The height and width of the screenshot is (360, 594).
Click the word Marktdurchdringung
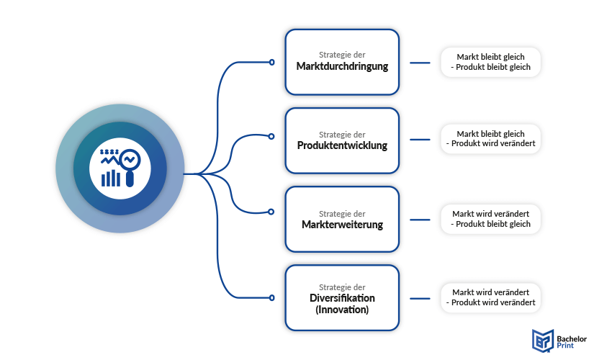click(x=342, y=67)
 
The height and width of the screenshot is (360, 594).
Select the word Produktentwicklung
click(x=342, y=145)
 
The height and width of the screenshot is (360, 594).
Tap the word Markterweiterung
click(x=342, y=225)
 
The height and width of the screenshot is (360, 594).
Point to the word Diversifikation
click(x=342, y=298)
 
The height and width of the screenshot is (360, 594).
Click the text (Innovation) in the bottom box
click(x=342, y=310)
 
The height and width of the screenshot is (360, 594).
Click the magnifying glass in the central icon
click(x=130, y=164)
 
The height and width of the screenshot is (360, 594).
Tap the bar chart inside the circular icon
click(x=111, y=177)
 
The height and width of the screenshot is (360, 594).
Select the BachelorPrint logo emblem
click(x=541, y=340)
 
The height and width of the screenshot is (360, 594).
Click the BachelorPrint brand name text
click(x=571, y=340)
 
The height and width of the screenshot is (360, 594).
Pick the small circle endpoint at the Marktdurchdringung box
click(x=271, y=63)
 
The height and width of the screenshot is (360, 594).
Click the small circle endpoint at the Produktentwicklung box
click(x=271, y=136)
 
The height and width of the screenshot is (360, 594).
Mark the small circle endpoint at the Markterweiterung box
click(x=271, y=212)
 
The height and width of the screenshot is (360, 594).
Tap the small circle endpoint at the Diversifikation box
click(x=271, y=297)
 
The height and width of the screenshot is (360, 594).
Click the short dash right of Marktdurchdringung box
click(x=419, y=63)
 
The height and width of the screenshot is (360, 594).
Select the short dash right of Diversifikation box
click(x=419, y=297)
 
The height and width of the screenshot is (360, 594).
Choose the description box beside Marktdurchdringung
click(x=490, y=62)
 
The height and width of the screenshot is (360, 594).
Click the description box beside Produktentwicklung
click(x=490, y=139)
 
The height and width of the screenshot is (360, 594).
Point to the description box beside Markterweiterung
click(x=490, y=219)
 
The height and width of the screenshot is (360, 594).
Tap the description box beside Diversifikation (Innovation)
click(x=490, y=297)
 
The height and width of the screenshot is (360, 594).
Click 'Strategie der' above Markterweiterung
click(x=342, y=213)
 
